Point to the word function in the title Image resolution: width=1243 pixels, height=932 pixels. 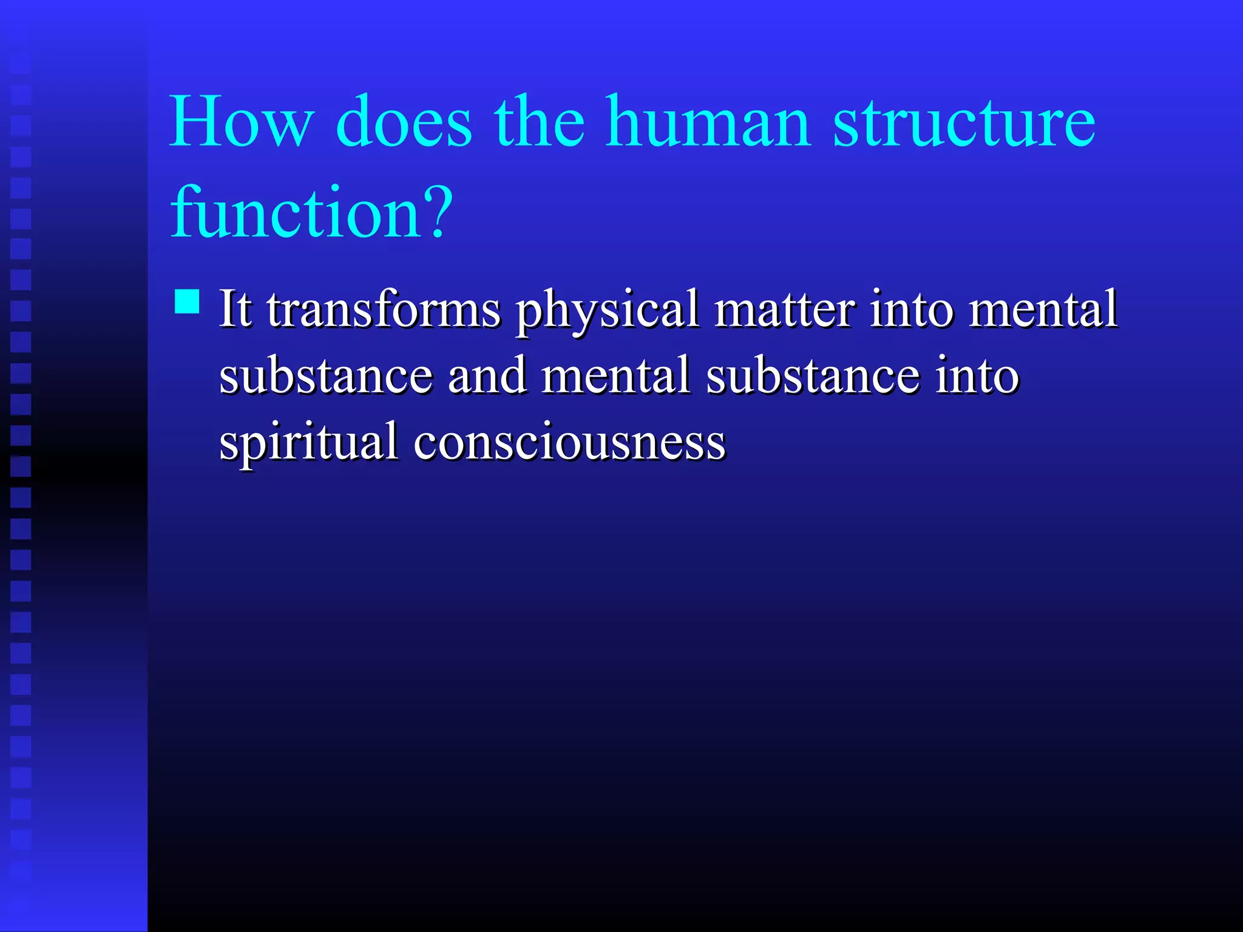(x=296, y=212)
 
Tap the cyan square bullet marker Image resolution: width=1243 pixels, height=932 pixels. (x=187, y=302)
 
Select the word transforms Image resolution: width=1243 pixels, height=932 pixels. (x=384, y=309)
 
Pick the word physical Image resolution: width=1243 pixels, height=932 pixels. (x=607, y=312)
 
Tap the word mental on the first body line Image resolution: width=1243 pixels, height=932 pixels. (x=1043, y=309)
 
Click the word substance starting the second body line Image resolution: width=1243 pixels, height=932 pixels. (x=326, y=376)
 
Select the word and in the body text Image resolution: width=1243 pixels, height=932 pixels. (x=487, y=376)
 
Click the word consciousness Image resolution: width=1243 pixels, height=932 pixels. (x=569, y=442)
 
